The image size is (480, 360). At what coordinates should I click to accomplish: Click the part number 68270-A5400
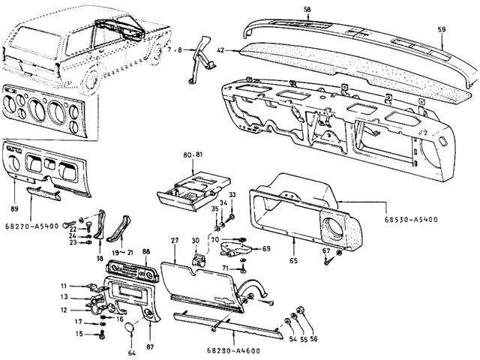point(31,226)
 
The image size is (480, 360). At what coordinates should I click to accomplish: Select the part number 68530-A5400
point(411,220)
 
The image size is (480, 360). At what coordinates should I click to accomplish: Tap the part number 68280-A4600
point(233,351)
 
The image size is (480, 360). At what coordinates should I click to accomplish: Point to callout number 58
point(307,10)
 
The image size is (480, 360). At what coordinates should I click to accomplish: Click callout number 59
point(442,30)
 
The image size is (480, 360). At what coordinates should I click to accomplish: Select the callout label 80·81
point(193,155)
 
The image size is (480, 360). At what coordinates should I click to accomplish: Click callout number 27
point(175,240)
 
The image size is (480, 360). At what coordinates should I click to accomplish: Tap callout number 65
point(293,261)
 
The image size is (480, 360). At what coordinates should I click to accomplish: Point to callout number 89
point(14,209)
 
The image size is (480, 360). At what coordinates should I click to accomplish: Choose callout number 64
point(132,352)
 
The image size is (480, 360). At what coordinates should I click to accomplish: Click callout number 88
point(146,252)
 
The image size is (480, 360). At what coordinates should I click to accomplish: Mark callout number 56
point(313,339)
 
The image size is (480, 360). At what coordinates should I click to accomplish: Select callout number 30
point(196,241)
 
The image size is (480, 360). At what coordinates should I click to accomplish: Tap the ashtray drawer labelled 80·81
point(193,190)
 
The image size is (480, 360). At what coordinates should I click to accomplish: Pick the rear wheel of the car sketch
point(90,82)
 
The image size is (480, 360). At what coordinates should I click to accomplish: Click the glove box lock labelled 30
point(198,259)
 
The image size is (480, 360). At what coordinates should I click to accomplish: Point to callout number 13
point(64,297)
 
